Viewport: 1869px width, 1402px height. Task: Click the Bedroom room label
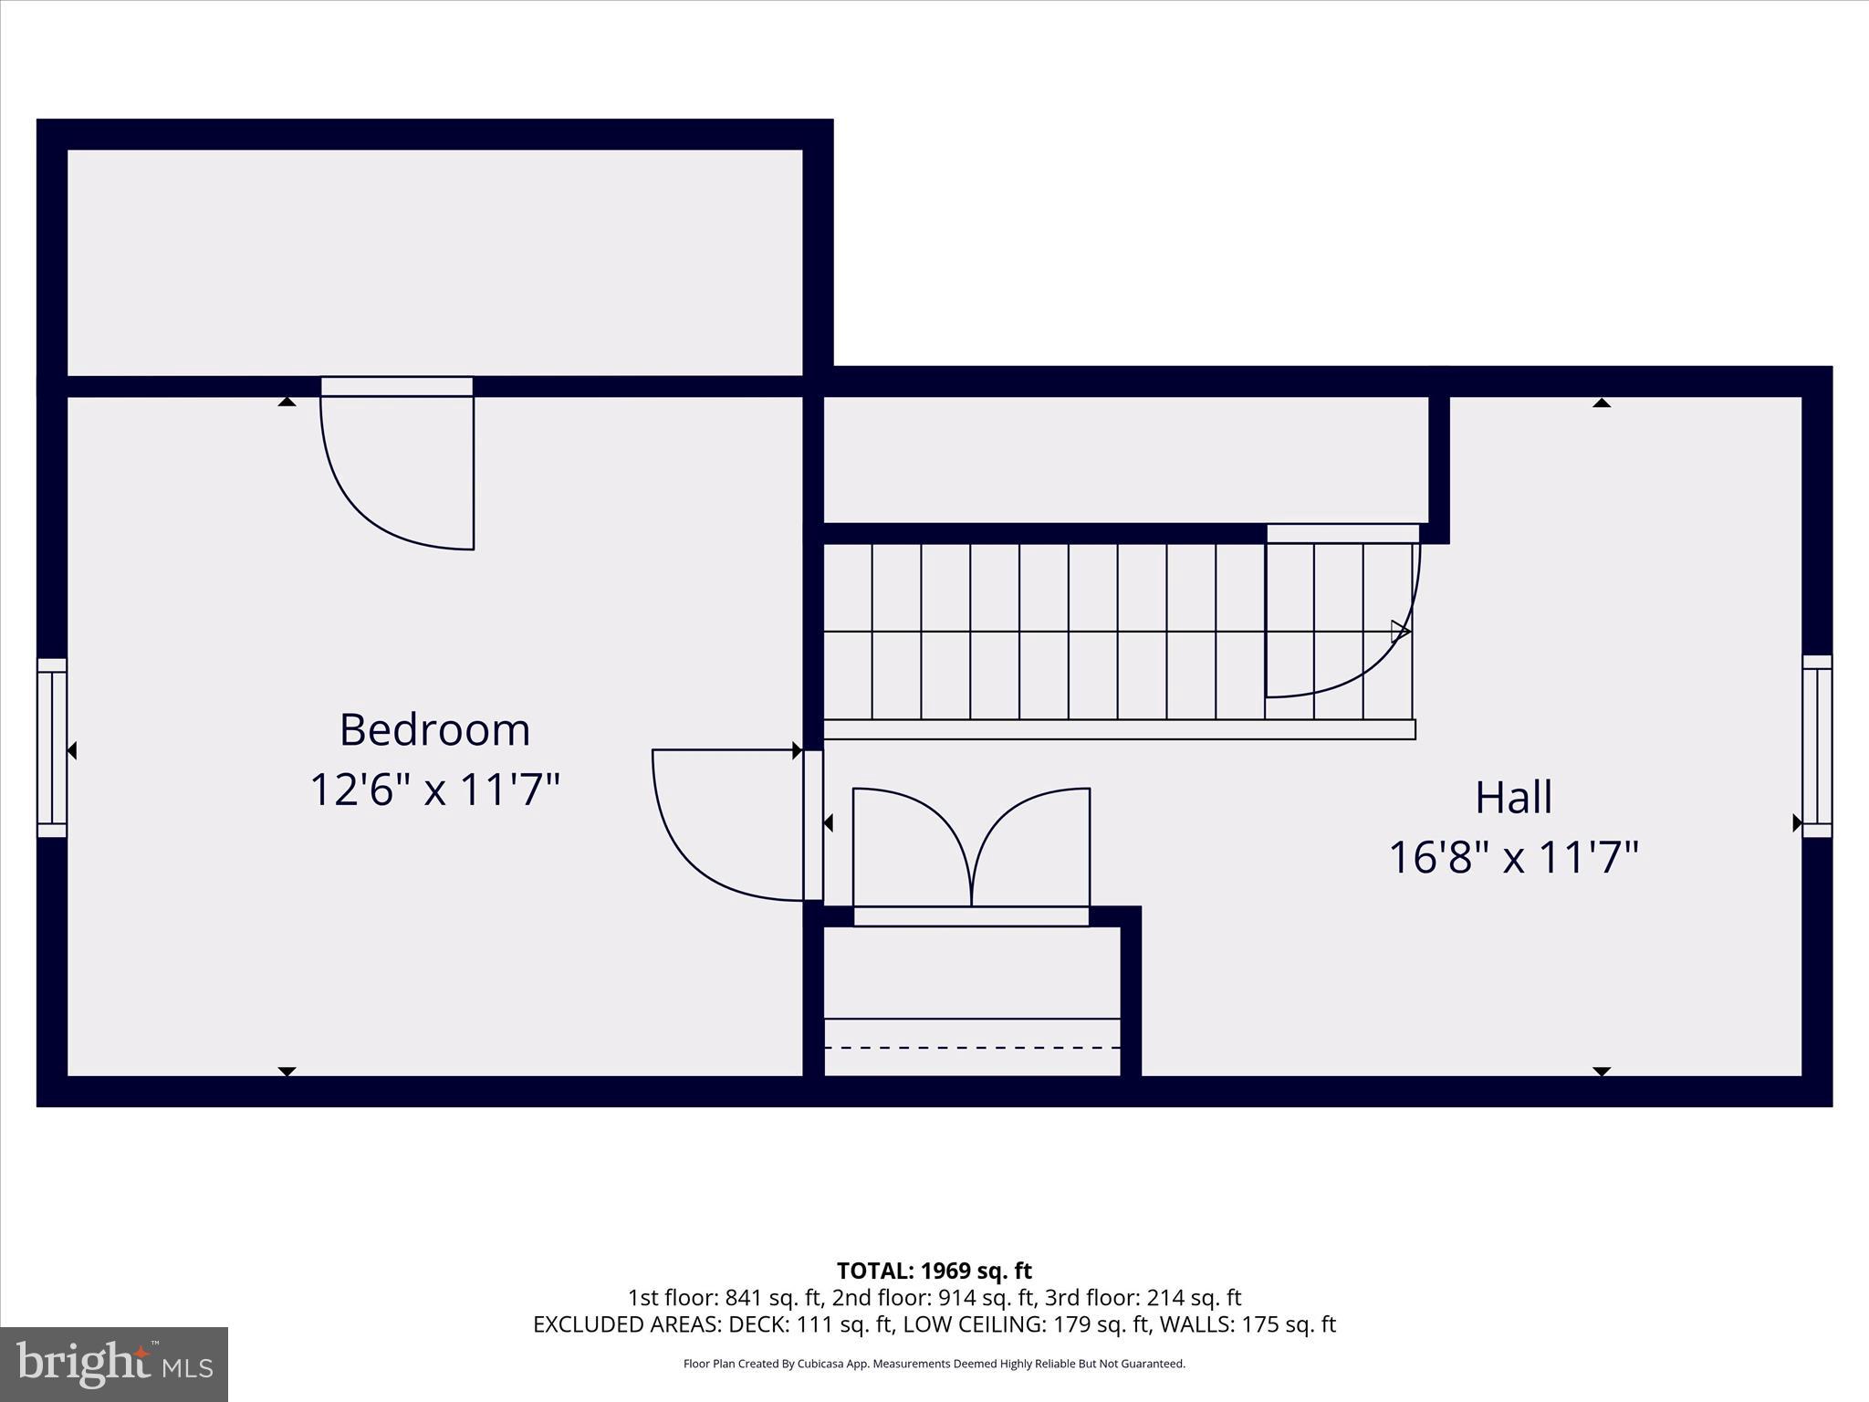[x=434, y=729]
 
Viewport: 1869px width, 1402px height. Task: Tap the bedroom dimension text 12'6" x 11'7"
[x=434, y=790]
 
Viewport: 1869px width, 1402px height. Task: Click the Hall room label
[x=1513, y=797]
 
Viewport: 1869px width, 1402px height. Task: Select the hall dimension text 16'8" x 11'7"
[x=1513, y=858]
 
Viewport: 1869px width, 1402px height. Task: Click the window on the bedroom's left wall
[x=52, y=748]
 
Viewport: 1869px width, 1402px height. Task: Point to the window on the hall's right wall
[x=1816, y=746]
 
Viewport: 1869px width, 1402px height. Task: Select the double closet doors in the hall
[x=971, y=849]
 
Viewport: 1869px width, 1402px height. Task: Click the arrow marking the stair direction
[x=1400, y=632]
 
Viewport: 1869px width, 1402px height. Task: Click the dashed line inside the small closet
[x=971, y=1048]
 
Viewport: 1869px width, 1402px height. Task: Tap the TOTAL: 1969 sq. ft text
[x=934, y=1271]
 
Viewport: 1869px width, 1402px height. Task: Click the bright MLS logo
[x=114, y=1365]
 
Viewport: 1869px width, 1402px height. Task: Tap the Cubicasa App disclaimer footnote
[x=934, y=1364]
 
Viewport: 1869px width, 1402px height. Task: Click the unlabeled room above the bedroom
[x=434, y=262]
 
